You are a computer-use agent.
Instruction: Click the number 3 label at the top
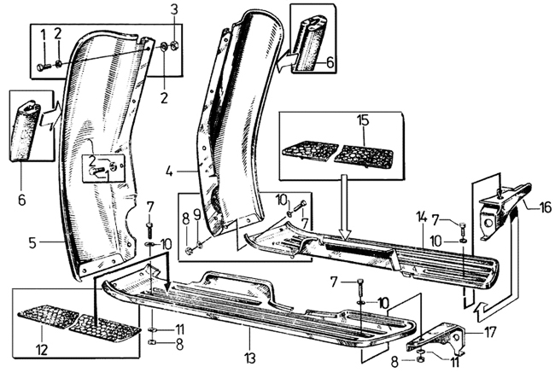174,10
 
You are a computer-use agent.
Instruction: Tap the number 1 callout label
44,36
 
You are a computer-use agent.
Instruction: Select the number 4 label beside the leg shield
169,172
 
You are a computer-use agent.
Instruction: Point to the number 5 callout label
32,242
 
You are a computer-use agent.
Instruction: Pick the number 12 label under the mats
42,350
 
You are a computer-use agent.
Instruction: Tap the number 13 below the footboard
250,358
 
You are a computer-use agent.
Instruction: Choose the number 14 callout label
423,217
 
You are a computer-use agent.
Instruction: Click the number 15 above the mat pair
363,120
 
